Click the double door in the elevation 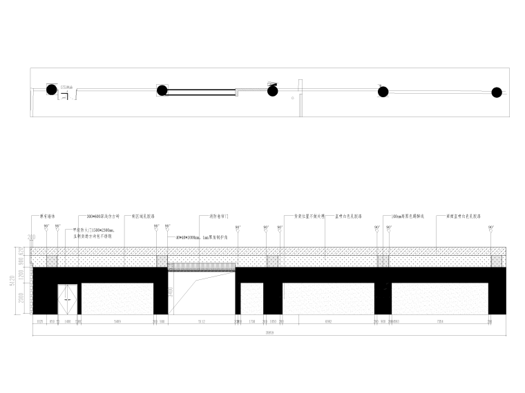tap(68, 297)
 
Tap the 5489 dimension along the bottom tap(117, 322)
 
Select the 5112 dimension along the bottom tap(202, 322)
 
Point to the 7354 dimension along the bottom tap(439, 322)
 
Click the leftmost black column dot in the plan tap(52, 89)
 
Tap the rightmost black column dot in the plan tap(496, 92)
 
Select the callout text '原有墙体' tap(46, 216)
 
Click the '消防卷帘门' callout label tap(219, 216)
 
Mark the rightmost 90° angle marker tap(491, 227)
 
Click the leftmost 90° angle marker tap(46, 227)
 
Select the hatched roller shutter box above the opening tap(202, 265)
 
